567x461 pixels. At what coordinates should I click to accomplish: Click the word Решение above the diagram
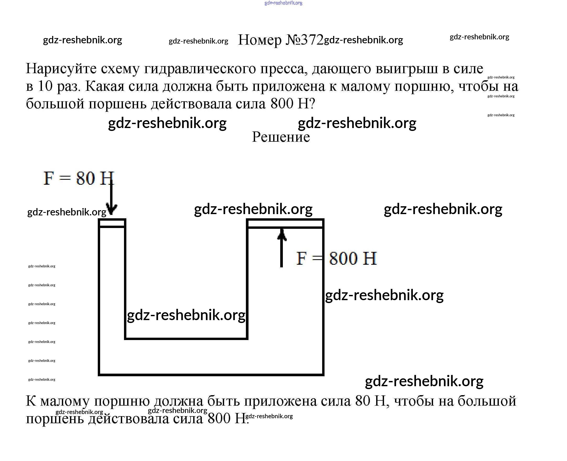(281, 137)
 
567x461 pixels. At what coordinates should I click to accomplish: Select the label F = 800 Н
(336, 258)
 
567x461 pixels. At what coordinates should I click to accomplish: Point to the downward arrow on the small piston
(111, 199)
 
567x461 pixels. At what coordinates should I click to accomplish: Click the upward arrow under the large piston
(282, 247)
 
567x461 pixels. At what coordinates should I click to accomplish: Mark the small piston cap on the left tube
(112, 223)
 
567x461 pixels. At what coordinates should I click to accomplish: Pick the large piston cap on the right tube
(285, 223)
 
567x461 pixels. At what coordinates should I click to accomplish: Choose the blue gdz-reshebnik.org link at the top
(283, 3)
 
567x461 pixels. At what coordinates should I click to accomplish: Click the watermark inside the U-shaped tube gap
(186, 315)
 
